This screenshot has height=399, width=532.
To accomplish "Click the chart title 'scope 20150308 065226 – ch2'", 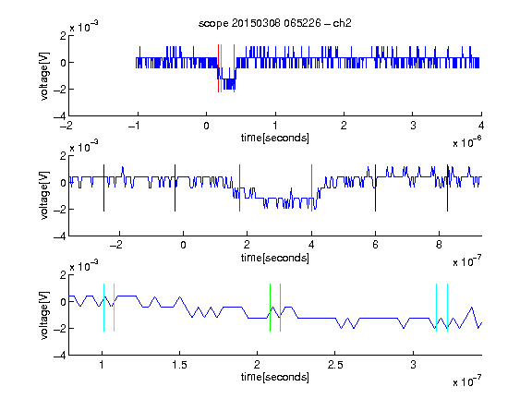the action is click(x=275, y=23).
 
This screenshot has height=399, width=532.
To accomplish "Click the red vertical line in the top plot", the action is click(x=219, y=68).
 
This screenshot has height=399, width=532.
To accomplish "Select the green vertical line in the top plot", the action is click(x=222, y=68).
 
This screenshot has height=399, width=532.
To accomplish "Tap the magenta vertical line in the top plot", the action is click(x=234, y=68).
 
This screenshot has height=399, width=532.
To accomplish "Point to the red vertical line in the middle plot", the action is click(x=239, y=188).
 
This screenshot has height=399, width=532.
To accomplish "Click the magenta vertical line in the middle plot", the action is click(x=312, y=188).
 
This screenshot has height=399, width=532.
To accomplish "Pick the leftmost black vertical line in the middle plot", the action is click(x=103, y=188).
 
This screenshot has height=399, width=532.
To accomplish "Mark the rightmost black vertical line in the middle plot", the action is click(x=448, y=188).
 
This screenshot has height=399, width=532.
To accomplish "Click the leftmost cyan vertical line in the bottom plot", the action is click(x=103, y=308).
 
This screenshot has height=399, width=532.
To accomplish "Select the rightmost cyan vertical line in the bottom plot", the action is click(x=448, y=308).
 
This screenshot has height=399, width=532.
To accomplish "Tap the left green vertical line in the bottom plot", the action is click(x=270, y=308).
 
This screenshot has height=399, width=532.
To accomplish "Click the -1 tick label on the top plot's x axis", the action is click(x=134, y=126).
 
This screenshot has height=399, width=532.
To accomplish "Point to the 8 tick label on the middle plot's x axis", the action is click(x=439, y=245).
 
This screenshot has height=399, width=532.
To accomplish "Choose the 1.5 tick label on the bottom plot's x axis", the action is click(x=179, y=365).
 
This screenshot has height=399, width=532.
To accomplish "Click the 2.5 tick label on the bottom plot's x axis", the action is click(x=335, y=365).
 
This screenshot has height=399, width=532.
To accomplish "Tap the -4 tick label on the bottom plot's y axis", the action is click(x=60, y=356).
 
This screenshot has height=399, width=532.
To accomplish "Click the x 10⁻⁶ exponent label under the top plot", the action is click(x=467, y=142).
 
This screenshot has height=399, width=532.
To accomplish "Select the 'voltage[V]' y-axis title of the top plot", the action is click(x=44, y=77).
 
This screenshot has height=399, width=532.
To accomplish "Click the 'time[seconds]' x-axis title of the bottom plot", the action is click(x=275, y=377).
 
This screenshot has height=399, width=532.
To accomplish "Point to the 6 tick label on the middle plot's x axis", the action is click(x=375, y=245).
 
